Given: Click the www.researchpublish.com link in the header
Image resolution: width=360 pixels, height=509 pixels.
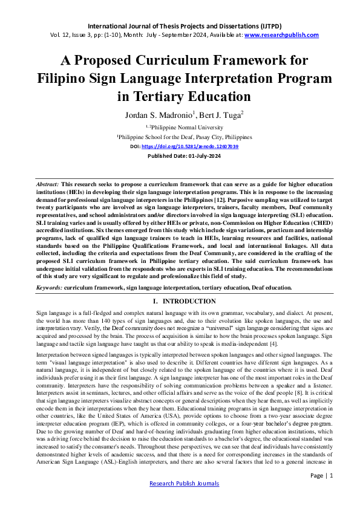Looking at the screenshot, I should [281, 35].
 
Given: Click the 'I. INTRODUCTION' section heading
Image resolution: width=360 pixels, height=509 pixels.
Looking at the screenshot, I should [180, 301].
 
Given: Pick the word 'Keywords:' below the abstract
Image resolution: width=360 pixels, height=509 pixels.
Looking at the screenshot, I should [49, 288].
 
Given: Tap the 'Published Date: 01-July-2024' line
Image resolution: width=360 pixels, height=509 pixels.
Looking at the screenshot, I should [180, 155].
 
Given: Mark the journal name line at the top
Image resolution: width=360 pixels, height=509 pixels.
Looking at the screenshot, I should [180, 26].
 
